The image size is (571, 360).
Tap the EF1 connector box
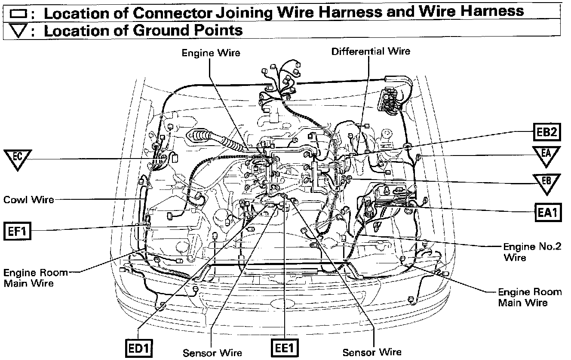coord(17,231)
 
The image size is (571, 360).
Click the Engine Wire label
coord(211,53)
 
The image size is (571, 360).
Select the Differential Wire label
coord(371,52)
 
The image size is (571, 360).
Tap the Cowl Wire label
coord(28,200)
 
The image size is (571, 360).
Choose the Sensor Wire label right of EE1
coord(372,353)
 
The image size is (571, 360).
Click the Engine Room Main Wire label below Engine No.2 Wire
coord(529,297)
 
